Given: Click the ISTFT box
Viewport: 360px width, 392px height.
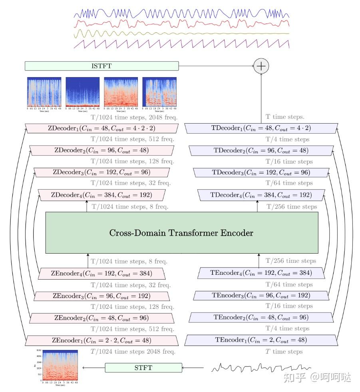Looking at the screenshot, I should (x=101, y=66).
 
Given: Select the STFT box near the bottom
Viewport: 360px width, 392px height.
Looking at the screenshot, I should (x=143, y=368).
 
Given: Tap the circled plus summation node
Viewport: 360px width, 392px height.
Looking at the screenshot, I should (x=261, y=66).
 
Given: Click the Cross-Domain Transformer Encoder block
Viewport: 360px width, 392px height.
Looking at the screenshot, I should (x=182, y=232).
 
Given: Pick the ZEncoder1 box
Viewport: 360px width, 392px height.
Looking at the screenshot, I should (x=101, y=341).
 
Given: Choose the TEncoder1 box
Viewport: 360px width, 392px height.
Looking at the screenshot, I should (x=261, y=340).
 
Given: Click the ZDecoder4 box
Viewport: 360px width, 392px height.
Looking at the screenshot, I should (x=101, y=195).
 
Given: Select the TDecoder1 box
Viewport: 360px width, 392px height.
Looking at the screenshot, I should (x=261, y=128).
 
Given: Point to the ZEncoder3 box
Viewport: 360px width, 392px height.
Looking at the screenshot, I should (x=101, y=296).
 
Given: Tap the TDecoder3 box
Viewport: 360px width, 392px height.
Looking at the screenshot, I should (x=261, y=173).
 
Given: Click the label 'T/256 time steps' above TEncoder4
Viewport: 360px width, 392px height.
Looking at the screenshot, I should (x=291, y=261).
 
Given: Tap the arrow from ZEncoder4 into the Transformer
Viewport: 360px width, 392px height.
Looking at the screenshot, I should (x=88, y=260).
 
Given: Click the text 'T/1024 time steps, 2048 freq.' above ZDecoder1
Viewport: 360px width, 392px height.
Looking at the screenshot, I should (x=134, y=118).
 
